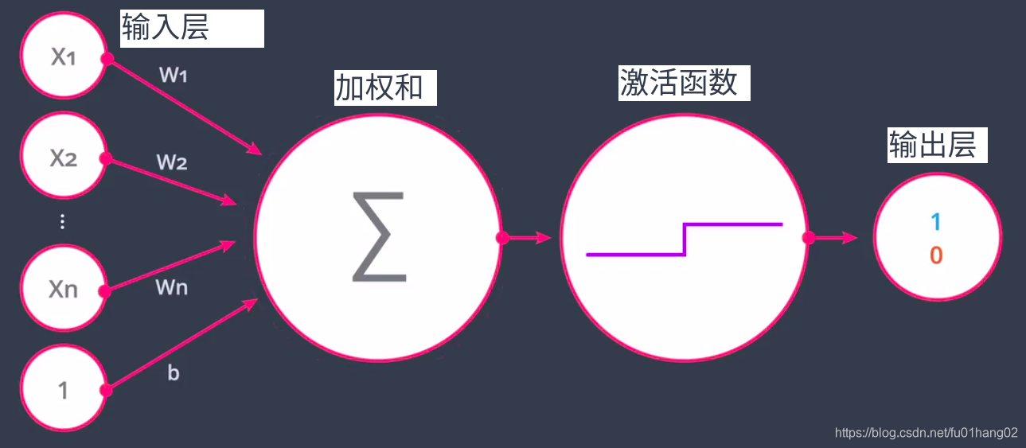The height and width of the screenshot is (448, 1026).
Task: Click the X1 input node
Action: pos(63,57)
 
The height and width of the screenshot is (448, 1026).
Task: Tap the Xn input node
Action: pos(63,288)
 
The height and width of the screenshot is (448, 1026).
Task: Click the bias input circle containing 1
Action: pos(63,390)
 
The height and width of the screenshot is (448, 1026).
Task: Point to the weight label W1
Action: pos(174,76)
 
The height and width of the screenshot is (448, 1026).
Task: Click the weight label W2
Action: pos(172,162)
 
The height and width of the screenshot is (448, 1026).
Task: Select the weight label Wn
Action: pos(172,286)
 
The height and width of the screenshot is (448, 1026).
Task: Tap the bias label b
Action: pos(174,372)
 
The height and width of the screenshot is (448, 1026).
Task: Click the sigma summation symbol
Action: pos(379,236)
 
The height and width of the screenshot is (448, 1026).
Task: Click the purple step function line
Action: pos(685,239)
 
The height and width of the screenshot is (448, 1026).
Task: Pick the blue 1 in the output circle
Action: pos(936,222)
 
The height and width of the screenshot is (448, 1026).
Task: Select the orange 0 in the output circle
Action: pos(936,255)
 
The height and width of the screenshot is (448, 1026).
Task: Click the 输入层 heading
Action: pos(166,28)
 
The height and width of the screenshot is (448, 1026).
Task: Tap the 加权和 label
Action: pos(379,88)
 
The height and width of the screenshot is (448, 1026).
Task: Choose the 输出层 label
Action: pos(932,146)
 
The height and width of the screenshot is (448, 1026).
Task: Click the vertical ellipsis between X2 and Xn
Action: pos(63,222)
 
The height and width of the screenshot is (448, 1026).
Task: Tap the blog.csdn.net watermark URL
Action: pos(926,433)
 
